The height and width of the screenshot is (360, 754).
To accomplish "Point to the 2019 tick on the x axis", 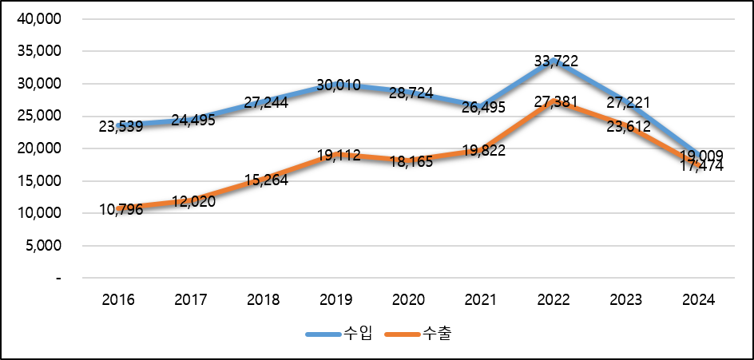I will (335, 300).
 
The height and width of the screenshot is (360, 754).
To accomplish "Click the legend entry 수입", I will (339, 334).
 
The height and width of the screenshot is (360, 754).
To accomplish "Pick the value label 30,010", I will (339, 85).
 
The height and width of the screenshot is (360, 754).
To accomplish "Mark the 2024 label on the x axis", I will (699, 300).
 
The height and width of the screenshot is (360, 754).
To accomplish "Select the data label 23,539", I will (121, 126).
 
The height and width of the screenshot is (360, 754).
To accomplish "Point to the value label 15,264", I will (265, 180).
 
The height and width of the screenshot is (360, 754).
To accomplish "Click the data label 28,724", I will (411, 93).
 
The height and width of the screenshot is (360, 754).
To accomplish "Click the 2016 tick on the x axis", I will (118, 300).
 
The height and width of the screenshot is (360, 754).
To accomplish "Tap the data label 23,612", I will (628, 125).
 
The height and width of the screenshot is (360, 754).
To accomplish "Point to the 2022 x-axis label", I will (554, 300).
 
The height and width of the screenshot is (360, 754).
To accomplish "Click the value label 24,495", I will (192, 120).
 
